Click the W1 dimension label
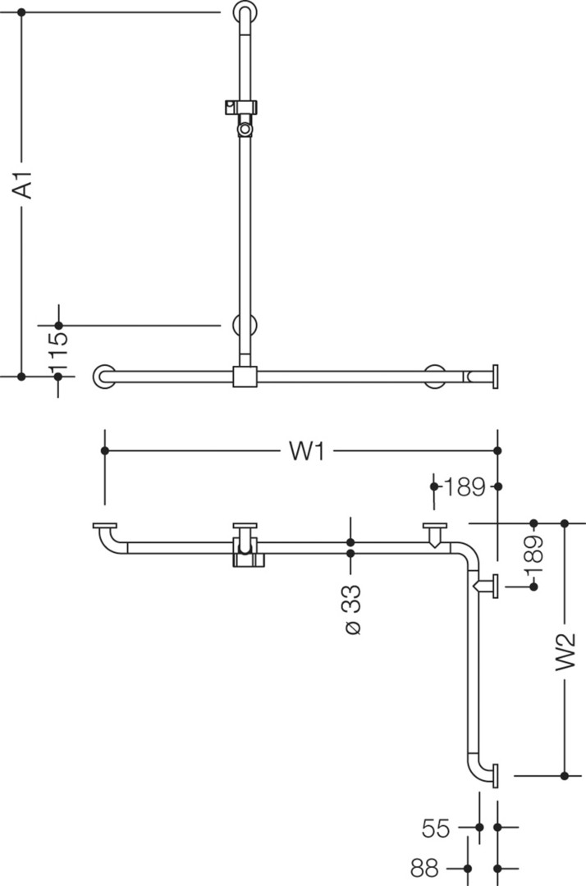[x=306, y=451]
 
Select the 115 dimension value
[x=58, y=350]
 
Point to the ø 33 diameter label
[x=351, y=610]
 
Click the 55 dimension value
[x=437, y=828]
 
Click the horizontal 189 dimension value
[x=465, y=486]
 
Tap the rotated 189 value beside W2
[x=534, y=555]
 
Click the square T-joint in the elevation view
[x=245, y=377]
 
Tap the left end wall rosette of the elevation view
[x=104, y=377]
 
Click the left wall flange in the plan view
[x=104, y=526]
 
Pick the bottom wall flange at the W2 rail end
[x=495, y=775]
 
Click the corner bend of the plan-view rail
[x=469, y=554]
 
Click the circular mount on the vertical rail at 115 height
[x=245, y=326]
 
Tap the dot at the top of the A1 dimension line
[x=21, y=11]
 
